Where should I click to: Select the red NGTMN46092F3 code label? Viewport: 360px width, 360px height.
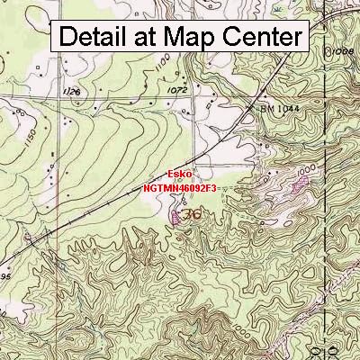click(x=180, y=189)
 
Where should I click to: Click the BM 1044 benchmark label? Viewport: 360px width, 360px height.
click(x=279, y=109)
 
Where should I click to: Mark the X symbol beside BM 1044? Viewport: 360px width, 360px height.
click(x=252, y=109)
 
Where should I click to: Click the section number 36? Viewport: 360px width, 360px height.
click(x=191, y=216)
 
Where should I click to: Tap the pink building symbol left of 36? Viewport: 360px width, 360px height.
click(x=175, y=216)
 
